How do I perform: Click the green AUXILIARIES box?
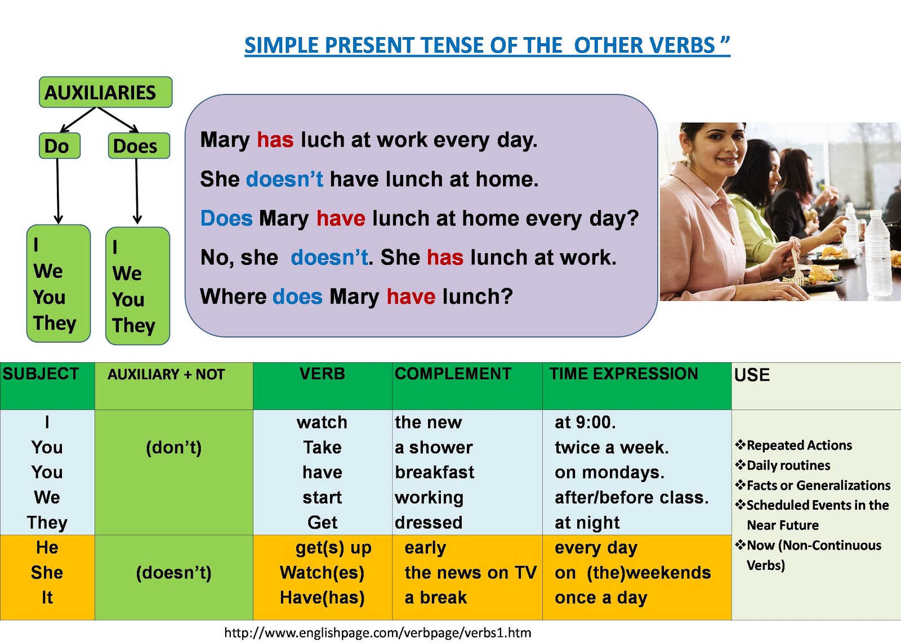pyautogui.click(x=105, y=92)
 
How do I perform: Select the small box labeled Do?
pyautogui.click(x=60, y=146)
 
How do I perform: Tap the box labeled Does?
pyautogui.click(x=139, y=146)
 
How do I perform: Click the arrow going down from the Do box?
pyautogui.click(x=57, y=191)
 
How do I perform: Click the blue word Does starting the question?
pyautogui.click(x=226, y=218)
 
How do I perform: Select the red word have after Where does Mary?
pyautogui.click(x=411, y=296)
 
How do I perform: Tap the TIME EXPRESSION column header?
pyautogui.click(x=623, y=374)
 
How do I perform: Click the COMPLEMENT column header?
pyautogui.click(x=453, y=374)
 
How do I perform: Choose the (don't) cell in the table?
pyautogui.click(x=174, y=447)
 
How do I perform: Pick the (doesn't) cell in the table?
pyautogui.click(x=174, y=573)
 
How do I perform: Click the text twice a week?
pyautogui.click(x=612, y=447)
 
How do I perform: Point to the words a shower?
pyautogui.click(x=434, y=447)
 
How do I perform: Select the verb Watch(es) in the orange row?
pyautogui.click(x=322, y=573)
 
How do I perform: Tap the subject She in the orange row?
pyautogui.click(x=47, y=573)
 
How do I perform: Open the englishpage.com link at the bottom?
pyautogui.click(x=378, y=633)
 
